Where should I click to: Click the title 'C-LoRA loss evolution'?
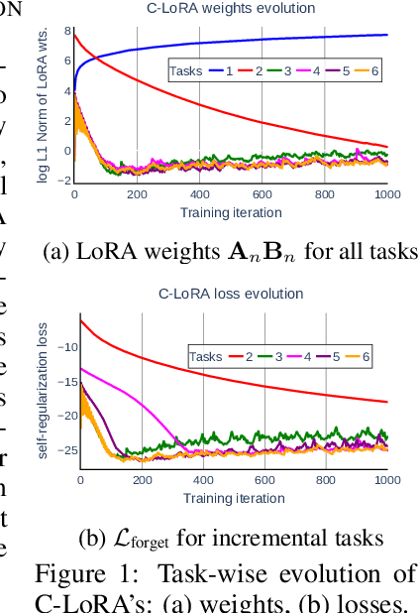231,295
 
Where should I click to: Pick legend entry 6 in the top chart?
375,72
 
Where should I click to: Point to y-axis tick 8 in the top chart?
67,32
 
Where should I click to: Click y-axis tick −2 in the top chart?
65,181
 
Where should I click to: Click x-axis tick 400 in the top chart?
199,195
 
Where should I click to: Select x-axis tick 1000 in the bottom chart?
386,481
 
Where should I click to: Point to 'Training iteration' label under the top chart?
231,212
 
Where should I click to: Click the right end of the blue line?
386,35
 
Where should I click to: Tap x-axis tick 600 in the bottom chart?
262,481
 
